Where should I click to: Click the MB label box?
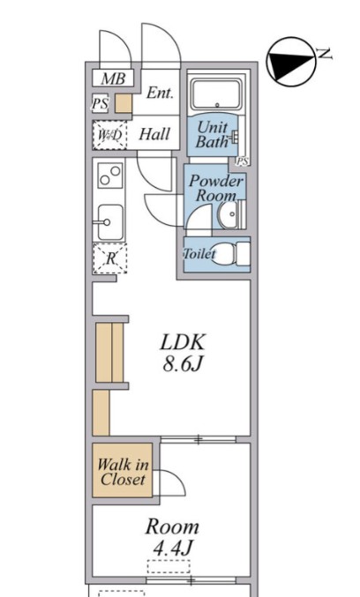click(x=113, y=78)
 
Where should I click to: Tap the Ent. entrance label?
click(x=160, y=93)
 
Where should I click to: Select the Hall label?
click(x=154, y=134)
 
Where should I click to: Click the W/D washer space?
click(x=110, y=135)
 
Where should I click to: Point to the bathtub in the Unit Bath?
click(x=217, y=94)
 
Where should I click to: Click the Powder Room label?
click(x=215, y=188)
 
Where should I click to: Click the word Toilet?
click(x=199, y=254)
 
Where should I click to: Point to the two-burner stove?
click(x=110, y=175)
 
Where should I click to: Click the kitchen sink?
click(x=110, y=223)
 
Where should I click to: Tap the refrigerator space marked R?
click(x=110, y=258)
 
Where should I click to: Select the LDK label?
click(x=183, y=342)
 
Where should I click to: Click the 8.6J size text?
click(x=182, y=364)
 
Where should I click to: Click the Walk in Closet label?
click(x=123, y=472)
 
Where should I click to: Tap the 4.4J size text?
click(x=172, y=548)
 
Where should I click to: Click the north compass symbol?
click(x=291, y=62)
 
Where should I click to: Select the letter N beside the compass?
click(x=325, y=55)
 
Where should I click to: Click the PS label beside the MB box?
click(x=101, y=103)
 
